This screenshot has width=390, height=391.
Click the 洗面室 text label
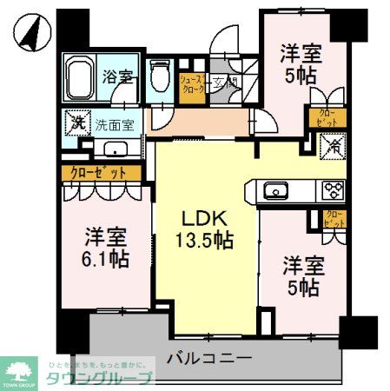click(x=113, y=124)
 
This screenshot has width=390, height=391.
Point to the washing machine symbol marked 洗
click(x=78, y=123)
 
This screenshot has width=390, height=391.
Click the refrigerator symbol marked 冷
click(x=334, y=148)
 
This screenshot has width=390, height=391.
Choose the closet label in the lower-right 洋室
click(x=332, y=218)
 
